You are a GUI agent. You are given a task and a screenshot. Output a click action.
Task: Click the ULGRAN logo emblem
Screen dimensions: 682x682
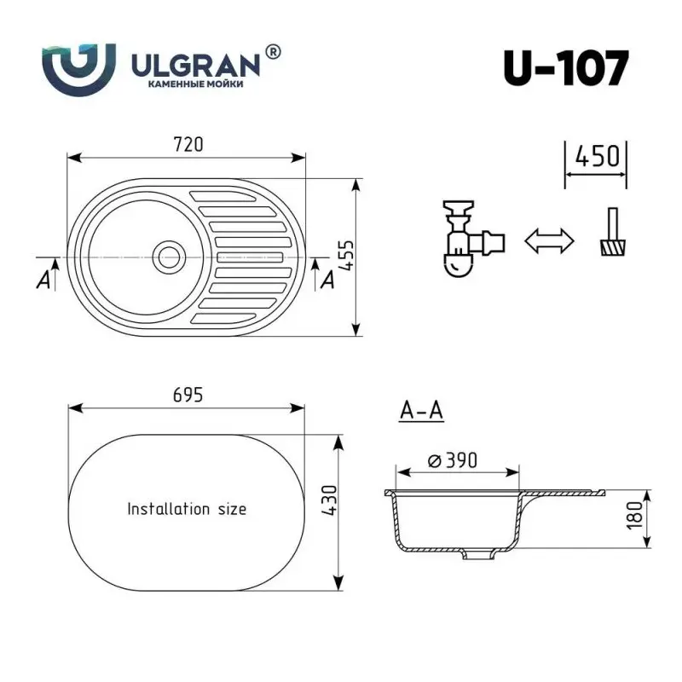(x=78, y=66)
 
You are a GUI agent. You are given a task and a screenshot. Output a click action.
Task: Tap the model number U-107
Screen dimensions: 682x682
(x=567, y=68)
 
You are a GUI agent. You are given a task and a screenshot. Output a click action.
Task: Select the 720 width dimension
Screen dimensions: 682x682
(x=188, y=144)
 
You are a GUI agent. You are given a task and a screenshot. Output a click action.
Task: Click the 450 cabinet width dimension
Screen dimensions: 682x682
(x=596, y=156)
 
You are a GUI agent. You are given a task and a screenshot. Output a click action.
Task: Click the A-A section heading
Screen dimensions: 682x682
(x=421, y=411)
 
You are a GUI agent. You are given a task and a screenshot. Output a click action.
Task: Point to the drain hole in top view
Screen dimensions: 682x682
(x=167, y=255)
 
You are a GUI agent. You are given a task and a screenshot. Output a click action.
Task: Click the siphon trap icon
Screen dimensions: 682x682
(x=467, y=240)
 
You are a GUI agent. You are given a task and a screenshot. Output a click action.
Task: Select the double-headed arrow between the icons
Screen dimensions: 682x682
(x=548, y=240)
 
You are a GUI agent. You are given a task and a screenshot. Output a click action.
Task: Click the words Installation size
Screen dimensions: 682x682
(x=187, y=509)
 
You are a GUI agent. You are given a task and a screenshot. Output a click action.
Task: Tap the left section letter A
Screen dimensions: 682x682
(x=43, y=281)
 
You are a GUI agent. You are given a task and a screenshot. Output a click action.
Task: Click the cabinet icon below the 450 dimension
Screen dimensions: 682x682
(x=610, y=238)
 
